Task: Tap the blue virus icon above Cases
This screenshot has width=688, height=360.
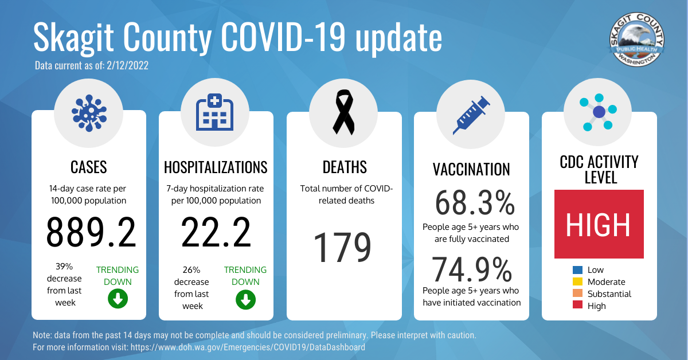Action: tap(89, 114)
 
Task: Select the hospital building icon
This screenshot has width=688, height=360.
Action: tap(214, 112)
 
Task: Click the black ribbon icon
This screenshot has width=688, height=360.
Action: tap(343, 112)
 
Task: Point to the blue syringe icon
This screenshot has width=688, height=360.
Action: tap(471, 115)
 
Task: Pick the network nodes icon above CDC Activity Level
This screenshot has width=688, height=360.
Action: tap(598, 112)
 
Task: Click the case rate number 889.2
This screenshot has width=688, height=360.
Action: tap(91, 232)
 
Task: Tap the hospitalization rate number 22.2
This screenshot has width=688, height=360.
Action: tap(216, 232)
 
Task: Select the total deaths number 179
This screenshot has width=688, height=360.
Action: tap(342, 247)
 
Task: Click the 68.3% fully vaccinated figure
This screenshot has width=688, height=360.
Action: tap(475, 203)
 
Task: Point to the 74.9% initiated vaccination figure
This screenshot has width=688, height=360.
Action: tap(472, 269)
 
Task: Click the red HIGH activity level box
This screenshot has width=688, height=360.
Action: tap(599, 224)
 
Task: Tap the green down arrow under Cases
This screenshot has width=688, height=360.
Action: tap(118, 299)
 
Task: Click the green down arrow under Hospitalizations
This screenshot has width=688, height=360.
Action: tap(245, 299)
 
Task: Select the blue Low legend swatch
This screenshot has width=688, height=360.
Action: tap(577, 269)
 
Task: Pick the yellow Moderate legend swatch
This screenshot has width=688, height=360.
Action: tap(577, 281)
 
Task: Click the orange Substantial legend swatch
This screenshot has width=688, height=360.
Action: tap(577, 294)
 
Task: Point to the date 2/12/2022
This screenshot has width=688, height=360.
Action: tap(127, 65)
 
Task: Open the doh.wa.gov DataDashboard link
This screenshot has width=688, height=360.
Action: tap(248, 347)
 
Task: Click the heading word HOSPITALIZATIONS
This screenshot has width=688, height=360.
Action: tap(216, 167)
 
